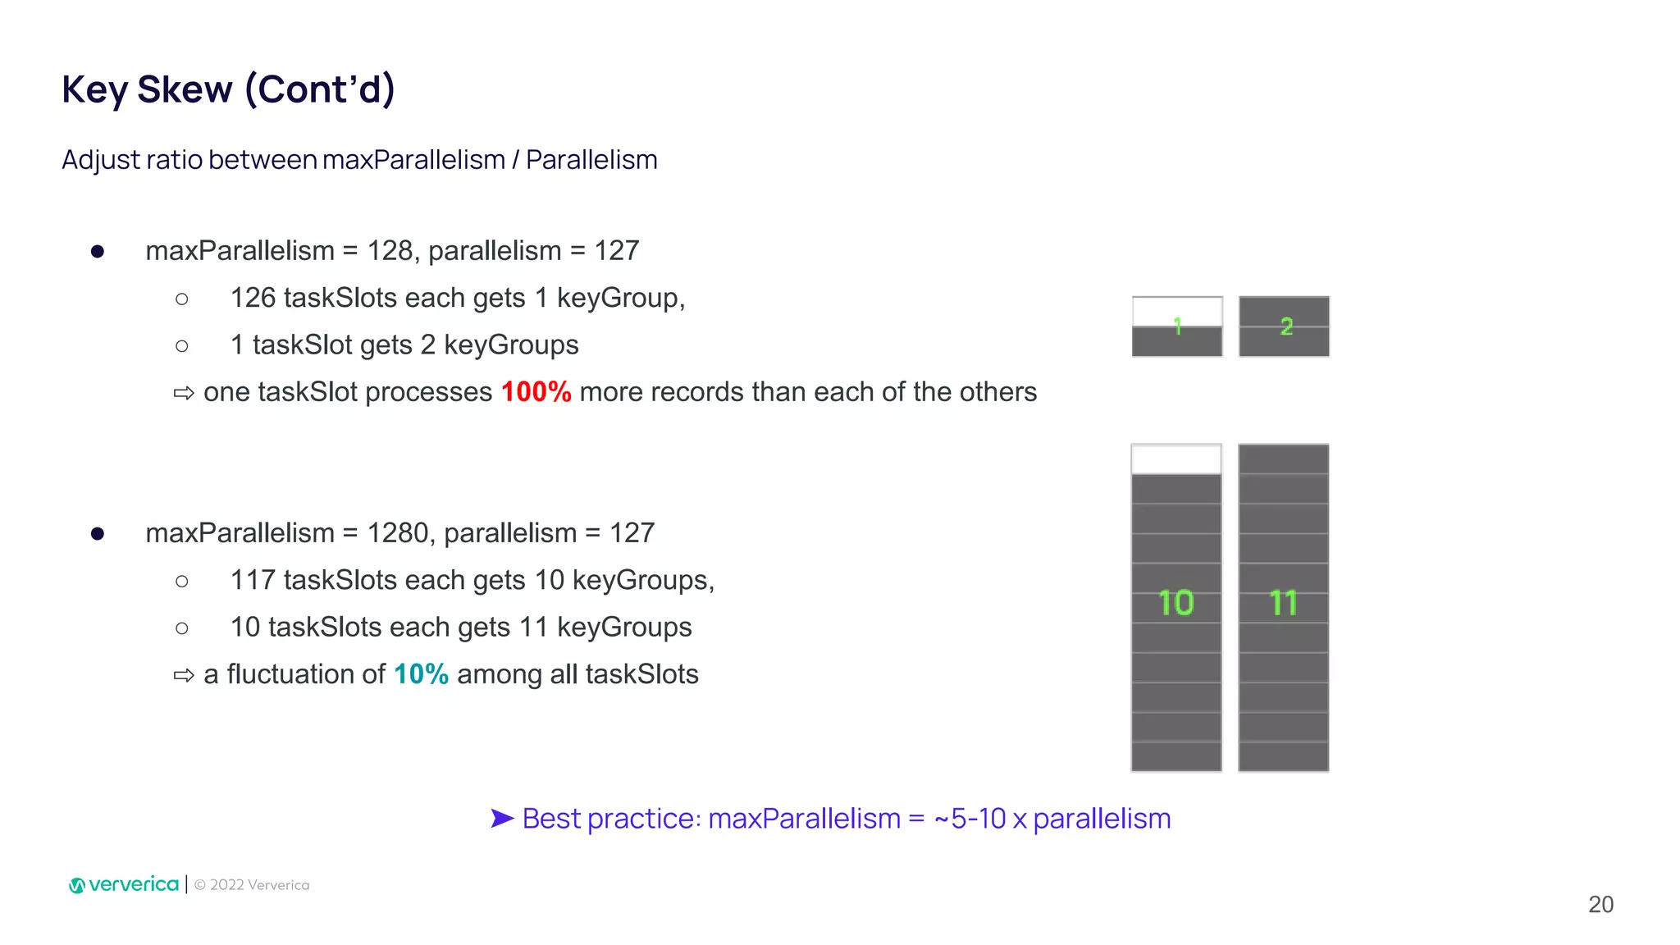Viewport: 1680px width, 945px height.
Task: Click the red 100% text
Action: point(536,392)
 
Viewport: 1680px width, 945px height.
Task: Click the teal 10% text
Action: point(421,674)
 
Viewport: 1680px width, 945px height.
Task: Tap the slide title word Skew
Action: point(185,89)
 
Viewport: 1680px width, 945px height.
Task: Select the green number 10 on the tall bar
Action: point(1176,603)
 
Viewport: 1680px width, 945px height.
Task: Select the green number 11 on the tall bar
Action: point(1283,603)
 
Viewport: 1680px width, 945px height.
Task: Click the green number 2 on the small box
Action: point(1285,326)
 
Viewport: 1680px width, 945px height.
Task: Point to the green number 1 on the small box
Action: point(1177,326)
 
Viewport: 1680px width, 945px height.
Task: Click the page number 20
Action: point(1600,904)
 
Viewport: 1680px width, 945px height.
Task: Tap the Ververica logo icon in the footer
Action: point(77,885)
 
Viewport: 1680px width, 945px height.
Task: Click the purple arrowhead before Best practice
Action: point(501,818)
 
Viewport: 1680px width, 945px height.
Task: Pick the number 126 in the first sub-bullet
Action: point(253,298)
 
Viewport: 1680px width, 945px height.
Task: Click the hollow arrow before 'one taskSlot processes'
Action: point(184,393)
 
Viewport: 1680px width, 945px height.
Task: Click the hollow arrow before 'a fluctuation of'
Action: point(184,675)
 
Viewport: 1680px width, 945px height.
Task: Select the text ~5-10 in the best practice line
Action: point(970,819)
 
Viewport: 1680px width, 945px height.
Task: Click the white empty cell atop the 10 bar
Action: point(1176,459)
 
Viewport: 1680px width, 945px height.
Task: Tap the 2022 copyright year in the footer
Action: point(226,885)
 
